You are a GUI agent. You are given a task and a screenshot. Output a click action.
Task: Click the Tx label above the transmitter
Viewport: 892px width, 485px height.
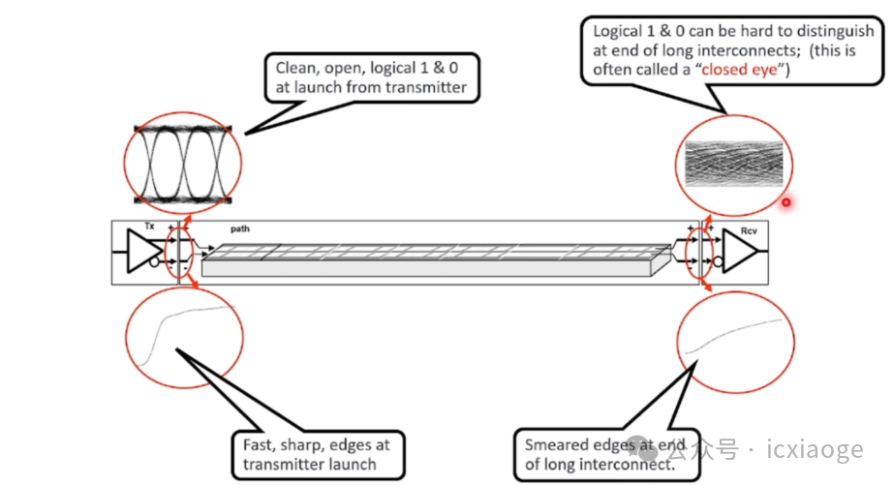(x=148, y=227)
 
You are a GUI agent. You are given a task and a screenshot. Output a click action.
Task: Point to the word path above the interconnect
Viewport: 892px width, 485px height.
(x=240, y=229)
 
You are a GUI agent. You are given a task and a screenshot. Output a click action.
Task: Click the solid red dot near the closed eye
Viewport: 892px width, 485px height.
(x=786, y=202)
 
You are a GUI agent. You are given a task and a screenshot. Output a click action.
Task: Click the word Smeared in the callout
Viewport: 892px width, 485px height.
(x=554, y=444)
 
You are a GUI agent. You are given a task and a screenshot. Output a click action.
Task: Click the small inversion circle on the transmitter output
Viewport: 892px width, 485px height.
(x=155, y=261)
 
